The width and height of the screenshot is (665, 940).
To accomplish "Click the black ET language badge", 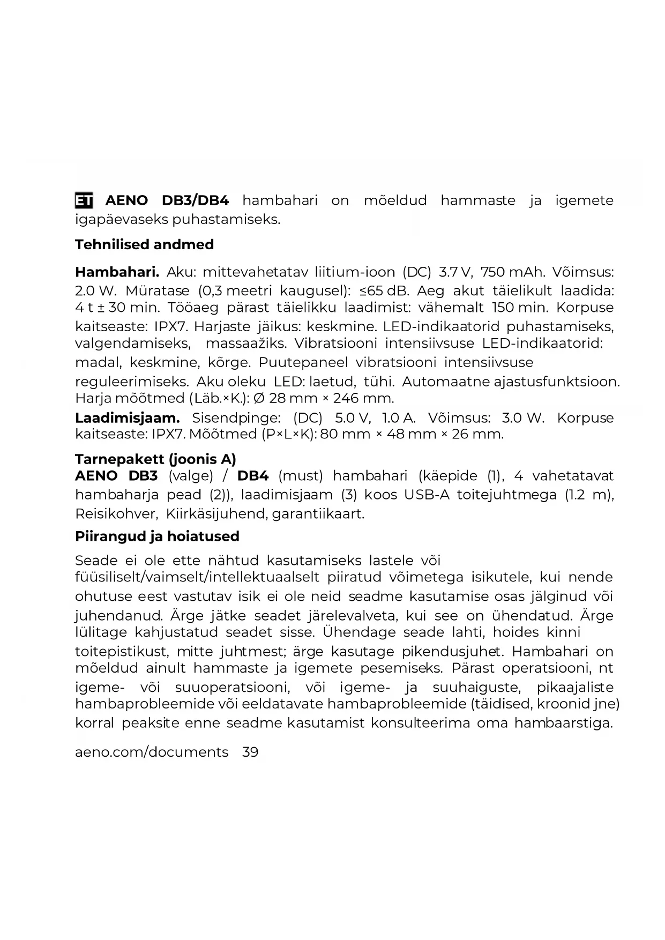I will (84, 200).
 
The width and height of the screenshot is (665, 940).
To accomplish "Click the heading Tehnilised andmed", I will (144, 244).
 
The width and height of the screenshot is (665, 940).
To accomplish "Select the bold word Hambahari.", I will (117, 272).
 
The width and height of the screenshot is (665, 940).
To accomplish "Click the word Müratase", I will (157, 291).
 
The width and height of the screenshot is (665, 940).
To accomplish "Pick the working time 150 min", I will (520, 308).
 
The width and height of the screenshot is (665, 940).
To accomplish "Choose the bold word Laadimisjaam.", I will (128, 417).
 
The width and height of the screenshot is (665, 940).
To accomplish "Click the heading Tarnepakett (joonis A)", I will (155, 459).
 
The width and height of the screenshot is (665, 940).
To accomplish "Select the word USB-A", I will (427, 495).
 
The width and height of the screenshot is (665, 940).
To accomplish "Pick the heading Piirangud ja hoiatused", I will (157, 536).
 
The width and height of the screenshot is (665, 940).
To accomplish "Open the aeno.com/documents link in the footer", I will (152, 752).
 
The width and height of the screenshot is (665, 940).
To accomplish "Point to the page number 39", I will (250, 752).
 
